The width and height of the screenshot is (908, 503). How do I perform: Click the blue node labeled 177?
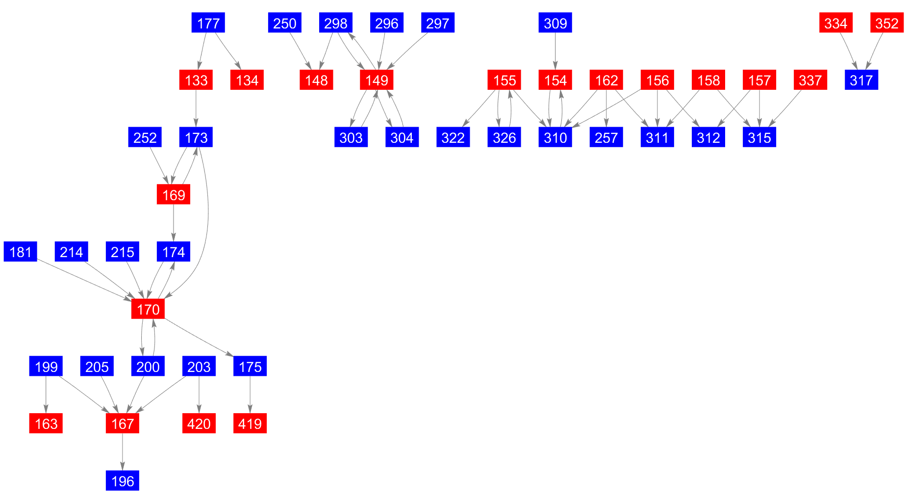[x=208, y=23]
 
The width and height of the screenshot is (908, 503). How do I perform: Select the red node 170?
[x=148, y=309]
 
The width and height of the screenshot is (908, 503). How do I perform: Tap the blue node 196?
[x=123, y=481]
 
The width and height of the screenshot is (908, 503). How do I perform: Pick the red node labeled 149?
[x=377, y=80]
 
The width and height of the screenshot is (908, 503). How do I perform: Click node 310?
[x=555, y=137]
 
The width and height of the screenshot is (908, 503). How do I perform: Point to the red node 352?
[x=886, y=23]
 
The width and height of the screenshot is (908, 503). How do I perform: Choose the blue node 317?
[x=861, y=80]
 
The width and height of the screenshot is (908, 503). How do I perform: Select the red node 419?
[x=250, y=424]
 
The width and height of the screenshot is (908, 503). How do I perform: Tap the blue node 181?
[x=21, y=252]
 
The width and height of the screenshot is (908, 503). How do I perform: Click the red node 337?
[x=810, y=80]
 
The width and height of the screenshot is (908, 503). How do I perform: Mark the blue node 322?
[x=453, y=137]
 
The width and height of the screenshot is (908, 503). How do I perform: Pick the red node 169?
[x=174, y=195]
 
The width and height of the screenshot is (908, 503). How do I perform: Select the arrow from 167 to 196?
[x=123, y=452]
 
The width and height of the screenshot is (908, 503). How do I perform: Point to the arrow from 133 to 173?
[x=196, y=108]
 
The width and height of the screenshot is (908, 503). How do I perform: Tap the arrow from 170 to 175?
[x=199, y=338]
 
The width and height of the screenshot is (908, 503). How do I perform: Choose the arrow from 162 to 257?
[x=606, y=108]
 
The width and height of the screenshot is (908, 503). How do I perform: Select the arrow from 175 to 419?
[x=250, y=395]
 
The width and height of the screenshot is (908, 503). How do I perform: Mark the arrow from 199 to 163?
[x=46, y=395]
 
